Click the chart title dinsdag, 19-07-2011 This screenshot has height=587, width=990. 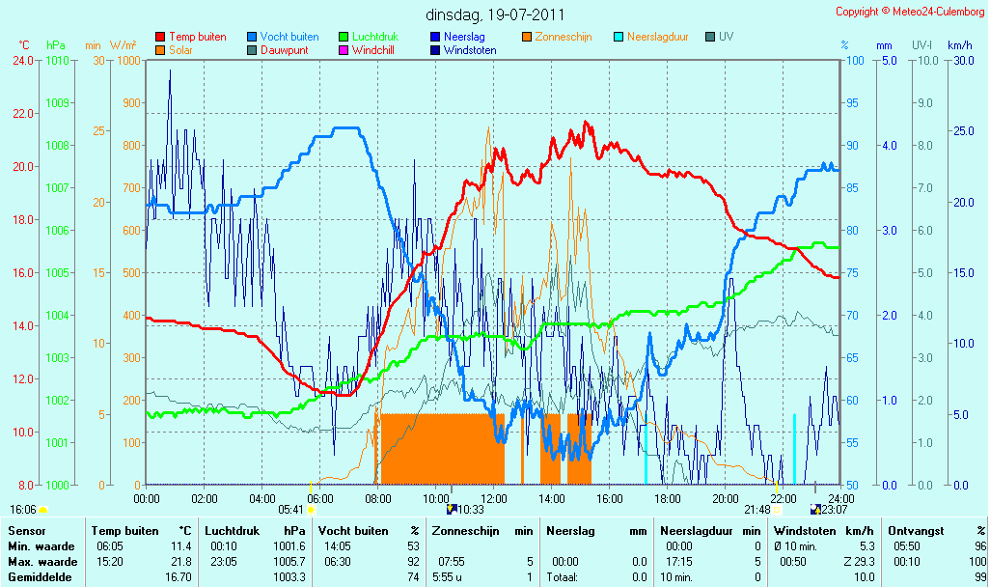pyautogui.click(x=495, y=14)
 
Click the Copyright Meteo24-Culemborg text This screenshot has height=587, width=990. pyautogui.click(x=910, y=12)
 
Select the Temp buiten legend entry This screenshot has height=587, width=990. pyautogui.click(x=191, y=37)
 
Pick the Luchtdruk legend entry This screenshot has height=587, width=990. pyautogui.click(x=369, y=37)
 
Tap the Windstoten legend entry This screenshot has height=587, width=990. pyautogui.click(x=463, y=50)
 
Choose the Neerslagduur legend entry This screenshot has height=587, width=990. pyautogui.click(x=651, y=37)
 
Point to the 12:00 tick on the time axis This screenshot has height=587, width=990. pyautogui.click(x=494, y=498)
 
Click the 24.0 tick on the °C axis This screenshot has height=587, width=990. pyautogui.click(x=23, y=61)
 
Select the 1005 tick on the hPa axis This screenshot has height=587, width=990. pyautogui.click(x=57, y=273)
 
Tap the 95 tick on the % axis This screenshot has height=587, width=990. pyautogui.click(x=852, y=103)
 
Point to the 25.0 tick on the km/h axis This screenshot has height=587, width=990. pyautogui.click(x=964, y=131)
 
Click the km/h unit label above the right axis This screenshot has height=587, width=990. pyautogui.click(x=960, y=45)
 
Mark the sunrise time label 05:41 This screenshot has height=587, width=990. pyautogui.click(x=290, y=510)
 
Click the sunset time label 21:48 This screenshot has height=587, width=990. pyautogui.click(x=757, y=510)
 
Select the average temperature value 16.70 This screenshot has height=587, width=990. pyautogui.click(x=179, y=577)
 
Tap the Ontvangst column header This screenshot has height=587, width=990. pyautogui.click(x=916, y=531)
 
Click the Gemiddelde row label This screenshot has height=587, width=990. pyautogui.click(x=40, y=577)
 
